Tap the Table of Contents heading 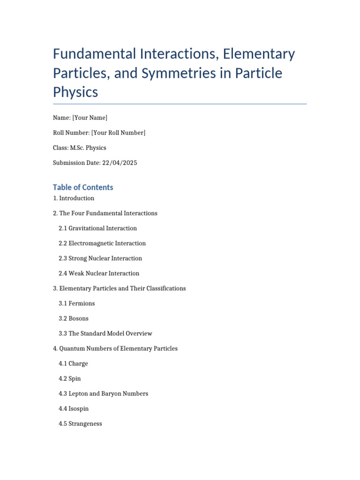tap(83, 187)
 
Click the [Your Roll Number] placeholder tap(118, 133)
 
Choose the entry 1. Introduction tap(74, 198)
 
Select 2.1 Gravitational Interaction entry tap(97, 228)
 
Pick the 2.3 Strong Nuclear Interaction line tap(100, 258)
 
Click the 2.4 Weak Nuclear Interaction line tap(99, 273)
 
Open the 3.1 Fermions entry tap(77, 303)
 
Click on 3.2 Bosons tap(74, 318)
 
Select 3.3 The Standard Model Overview tap(105, 333)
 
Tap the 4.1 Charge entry tap(73, 363)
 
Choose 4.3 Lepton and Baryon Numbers tap(103, 393)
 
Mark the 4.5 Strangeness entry tap(80, 424)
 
